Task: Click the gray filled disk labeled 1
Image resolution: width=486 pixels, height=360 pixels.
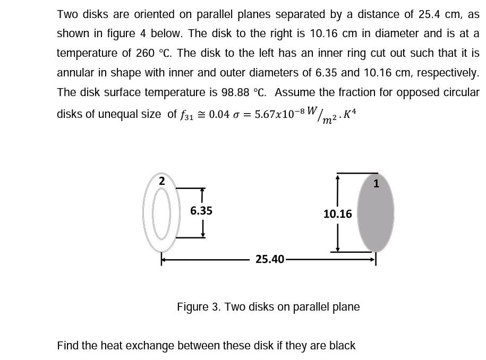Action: pos(376,218)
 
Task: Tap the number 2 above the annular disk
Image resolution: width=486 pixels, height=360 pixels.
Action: pos(162,181)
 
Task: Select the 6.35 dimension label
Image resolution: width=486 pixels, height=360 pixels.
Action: pos(201,211)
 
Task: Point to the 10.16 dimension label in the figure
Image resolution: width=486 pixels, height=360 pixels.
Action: pos(338,214)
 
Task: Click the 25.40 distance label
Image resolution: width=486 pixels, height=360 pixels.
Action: pos(270,259)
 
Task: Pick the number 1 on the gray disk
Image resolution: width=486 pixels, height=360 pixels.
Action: pos(376,184)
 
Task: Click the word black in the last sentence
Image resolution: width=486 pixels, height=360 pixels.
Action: pos(342,346)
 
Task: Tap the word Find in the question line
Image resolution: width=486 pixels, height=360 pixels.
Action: pos(67,346)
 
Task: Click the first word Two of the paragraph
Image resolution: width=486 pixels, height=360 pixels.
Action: pos(67,14)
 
